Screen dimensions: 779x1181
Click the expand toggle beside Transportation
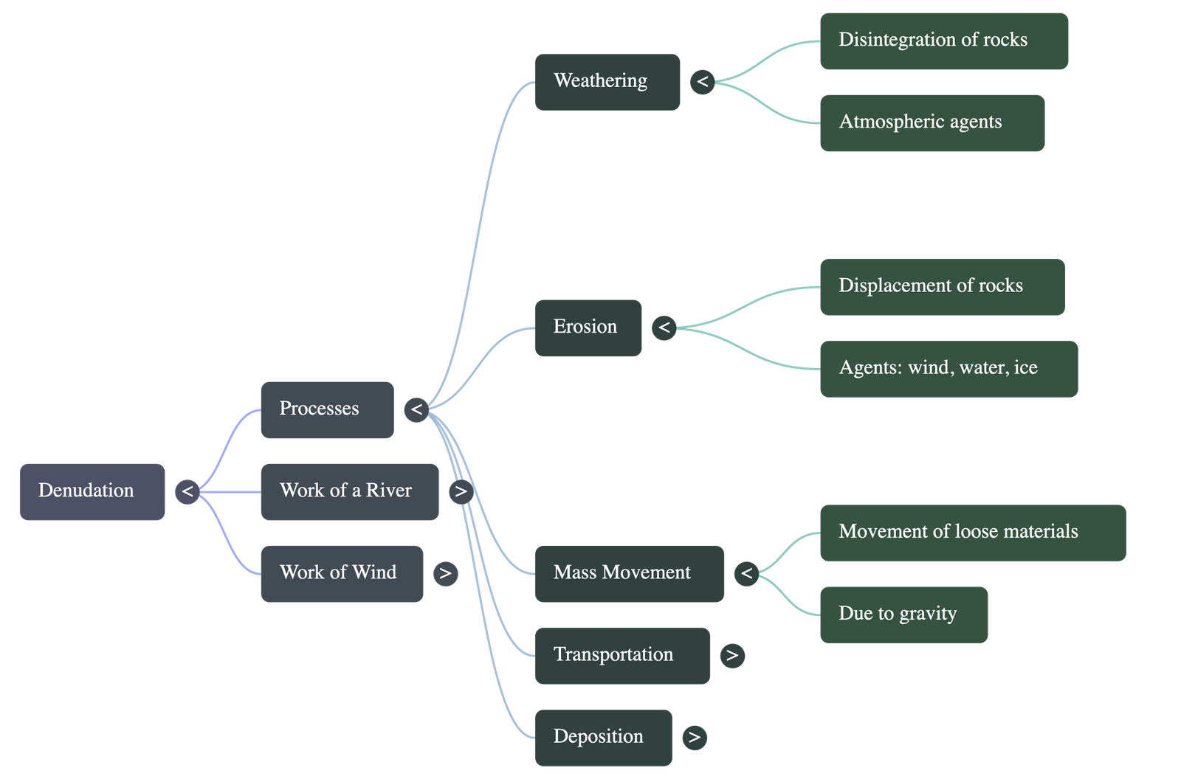pyautogui.click(x=731, y=655)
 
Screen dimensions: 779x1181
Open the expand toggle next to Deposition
pyautogui.click(x=694, y=737)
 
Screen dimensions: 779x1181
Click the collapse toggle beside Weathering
pyautogui.click(x=702, y=81)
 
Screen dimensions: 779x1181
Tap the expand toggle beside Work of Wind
pyautogui.click(x=445, y=573)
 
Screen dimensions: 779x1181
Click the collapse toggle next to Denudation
pyautogui.click(x=187, y=491)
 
